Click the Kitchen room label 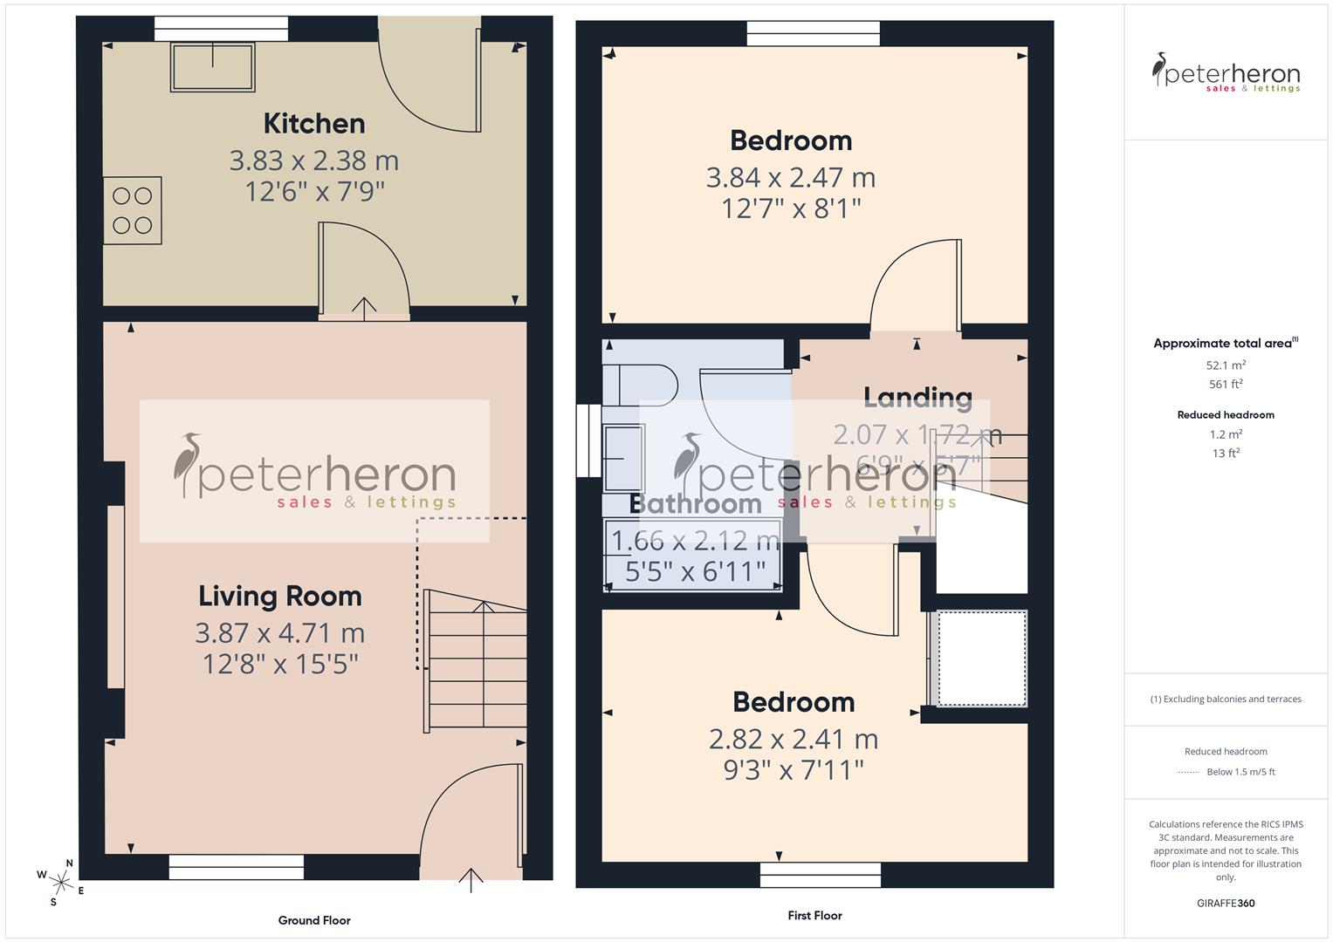314,124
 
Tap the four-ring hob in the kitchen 133,211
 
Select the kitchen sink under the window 214,66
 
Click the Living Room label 279,597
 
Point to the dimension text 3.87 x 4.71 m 279,633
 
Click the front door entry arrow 471,879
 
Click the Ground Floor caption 314,920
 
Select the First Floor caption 814,916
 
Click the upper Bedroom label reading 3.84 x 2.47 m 791,178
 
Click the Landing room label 917,398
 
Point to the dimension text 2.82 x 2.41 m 794,740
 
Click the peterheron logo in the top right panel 1226,73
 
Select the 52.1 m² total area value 1226,366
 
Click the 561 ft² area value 1226,385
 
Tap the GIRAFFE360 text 1226,904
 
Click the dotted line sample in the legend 1188,773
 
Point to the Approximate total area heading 1225,344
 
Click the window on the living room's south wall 237,867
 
